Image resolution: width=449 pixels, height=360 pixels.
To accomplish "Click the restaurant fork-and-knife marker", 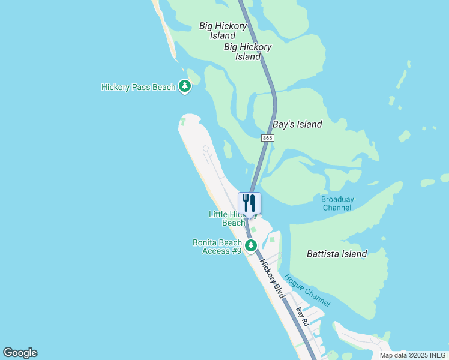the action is pyautogui.click(x=249, y=203).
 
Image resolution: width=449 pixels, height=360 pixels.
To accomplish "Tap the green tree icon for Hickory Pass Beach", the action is pyautogui.click(x=185, y=87).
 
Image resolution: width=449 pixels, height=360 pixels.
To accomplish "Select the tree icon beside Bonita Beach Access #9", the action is pyautogui.click(x=251, y=245).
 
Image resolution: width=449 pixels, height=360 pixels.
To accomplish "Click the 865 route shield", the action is pyautogui.click(x=268, y=138).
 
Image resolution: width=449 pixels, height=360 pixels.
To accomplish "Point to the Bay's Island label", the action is pyautogui.click(x=297, y=125).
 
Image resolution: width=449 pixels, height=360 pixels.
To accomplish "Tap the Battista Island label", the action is pyautogui.click(x=336, y=254).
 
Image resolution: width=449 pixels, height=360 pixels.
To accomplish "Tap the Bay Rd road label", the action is pyautogui.click(x=303, y=317).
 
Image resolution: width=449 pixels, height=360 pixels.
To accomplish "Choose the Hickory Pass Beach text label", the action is pyautogui.click(x=138, y=87).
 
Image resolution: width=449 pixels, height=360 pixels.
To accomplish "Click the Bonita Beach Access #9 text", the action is pyautogui.click(x=217, y=247).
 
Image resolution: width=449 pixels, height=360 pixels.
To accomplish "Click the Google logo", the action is pyautogui.click(x=20, y=353).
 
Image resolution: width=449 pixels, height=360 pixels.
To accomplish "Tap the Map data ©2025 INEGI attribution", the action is pyautogui.click(x=413, y=355).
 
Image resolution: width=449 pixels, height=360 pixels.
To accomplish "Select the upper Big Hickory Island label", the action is pyautogui.click(x=223, y=31).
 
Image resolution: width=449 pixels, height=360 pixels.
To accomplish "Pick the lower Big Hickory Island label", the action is pyautogui.click(x=247, y=52).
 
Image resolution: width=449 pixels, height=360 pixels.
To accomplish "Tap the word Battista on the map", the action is pyautogui.click(x=323, y=254).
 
